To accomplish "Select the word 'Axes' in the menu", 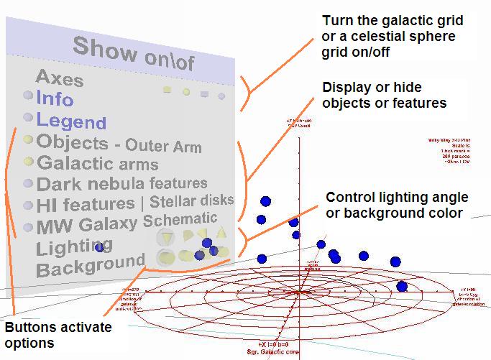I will point(60,78).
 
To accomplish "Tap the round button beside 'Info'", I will point(27,96).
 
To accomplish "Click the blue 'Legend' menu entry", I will point(71,121).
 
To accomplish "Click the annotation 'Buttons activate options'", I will point(58,335).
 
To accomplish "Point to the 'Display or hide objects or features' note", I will point(384,95).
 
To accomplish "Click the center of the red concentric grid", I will point(298,292).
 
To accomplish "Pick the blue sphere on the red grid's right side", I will point(402,287).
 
